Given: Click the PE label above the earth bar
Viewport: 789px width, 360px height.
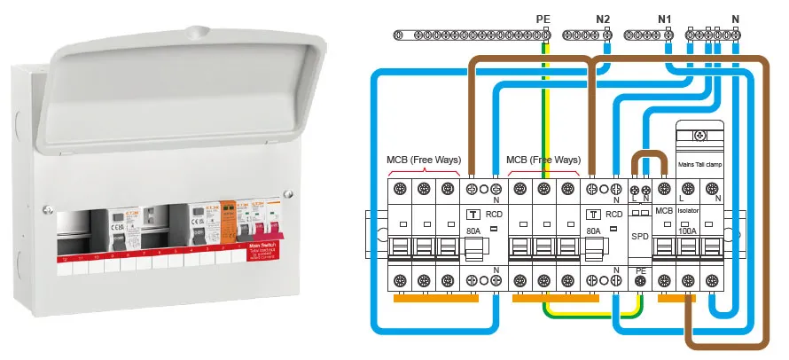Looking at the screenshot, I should point(543,18).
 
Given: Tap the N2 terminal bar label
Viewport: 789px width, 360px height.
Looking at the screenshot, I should point(603,18).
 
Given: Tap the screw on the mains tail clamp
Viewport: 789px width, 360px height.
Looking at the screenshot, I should point(700,136).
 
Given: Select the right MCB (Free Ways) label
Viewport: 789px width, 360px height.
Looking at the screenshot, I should point(543,160).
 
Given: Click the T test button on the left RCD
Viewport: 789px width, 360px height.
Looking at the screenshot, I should point(473,214).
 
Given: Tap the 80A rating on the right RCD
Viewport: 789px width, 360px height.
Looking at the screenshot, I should point(593,231).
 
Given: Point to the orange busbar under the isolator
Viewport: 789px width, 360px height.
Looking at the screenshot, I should point(676,298).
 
